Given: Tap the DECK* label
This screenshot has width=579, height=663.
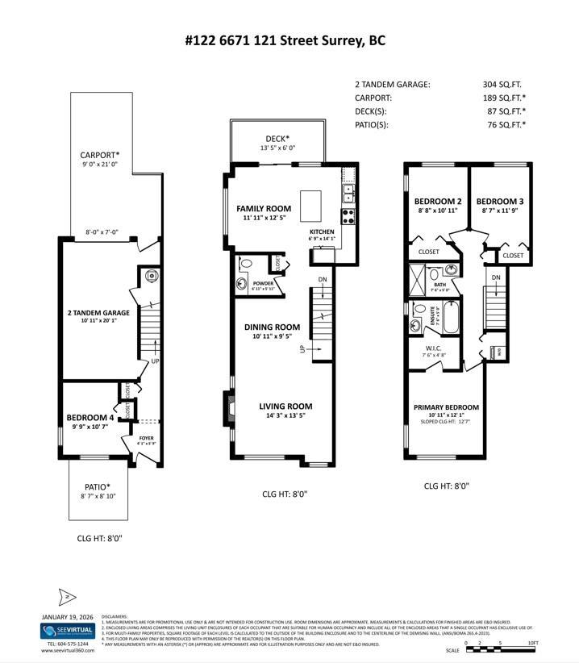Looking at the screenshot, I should pos(277,138).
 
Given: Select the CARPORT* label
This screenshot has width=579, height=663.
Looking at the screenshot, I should pos(99,155).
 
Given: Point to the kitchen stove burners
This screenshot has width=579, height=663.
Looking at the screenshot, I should pos(349,216).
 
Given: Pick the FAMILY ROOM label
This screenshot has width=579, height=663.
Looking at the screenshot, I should pos(264,208).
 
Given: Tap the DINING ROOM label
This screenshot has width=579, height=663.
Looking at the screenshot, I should pos(272,327).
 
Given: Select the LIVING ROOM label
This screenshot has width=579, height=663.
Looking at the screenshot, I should pos(285,406).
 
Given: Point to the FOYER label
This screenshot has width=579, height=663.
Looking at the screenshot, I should pos(146,438).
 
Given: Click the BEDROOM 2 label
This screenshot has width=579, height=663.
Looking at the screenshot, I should pos(437,201).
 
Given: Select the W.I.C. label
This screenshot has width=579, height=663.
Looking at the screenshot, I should pos(434,348).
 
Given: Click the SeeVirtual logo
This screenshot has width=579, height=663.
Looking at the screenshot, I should pos(68,631).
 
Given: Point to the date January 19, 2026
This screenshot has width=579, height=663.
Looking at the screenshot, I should pos(68,617).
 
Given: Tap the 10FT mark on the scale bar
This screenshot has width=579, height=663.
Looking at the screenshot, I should pos(532,643).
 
